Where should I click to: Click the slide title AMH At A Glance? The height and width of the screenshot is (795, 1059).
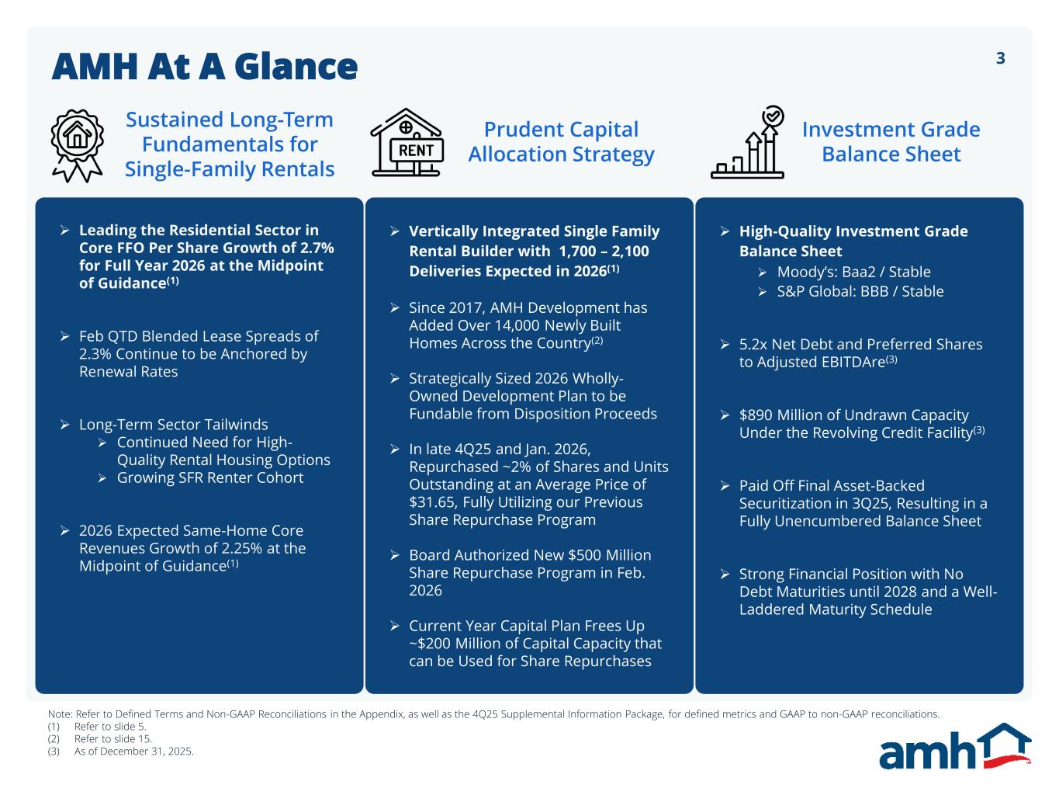pos(205,67)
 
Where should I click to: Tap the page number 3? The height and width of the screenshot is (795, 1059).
pos(1000,58)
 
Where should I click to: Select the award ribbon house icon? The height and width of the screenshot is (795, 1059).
pos(77,144)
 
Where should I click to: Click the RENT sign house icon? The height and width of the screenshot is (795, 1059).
pos(406,143)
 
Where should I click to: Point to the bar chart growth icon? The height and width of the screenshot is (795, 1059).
pos(748,143)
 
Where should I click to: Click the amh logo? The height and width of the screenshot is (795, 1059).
pos(954,747)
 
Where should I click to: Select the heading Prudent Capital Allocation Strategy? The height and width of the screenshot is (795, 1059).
pos(561,141)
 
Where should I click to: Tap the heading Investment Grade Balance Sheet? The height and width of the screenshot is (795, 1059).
pos(891,141)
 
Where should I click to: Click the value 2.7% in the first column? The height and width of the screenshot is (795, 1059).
pos(317,248)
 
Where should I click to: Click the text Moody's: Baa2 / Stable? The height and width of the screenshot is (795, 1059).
pos(853,272)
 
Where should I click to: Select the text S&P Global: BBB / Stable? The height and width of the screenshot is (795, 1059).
pos(860,291)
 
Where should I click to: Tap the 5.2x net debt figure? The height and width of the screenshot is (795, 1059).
pos(753,344)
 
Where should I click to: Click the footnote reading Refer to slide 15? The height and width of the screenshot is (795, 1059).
pos(113,739)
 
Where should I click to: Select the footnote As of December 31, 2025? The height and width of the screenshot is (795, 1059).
pos(133,752)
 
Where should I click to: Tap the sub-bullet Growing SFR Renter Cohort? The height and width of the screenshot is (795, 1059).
pos(209,477)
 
